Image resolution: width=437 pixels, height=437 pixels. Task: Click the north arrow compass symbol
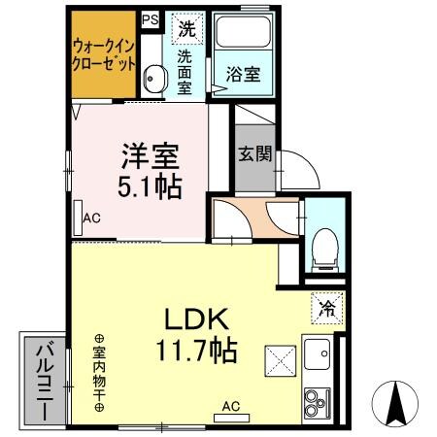click(x=401, y=401)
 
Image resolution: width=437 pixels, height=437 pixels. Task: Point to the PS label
click(x=151, y=18)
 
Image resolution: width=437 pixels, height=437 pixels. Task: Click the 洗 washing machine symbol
click(x=185, y=28)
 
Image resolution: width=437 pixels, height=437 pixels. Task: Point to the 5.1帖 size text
click(x=150, y=186)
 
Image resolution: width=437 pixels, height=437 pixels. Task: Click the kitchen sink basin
click(x=318, y=356)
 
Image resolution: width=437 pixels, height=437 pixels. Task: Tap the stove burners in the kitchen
click(x=317, y=398)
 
